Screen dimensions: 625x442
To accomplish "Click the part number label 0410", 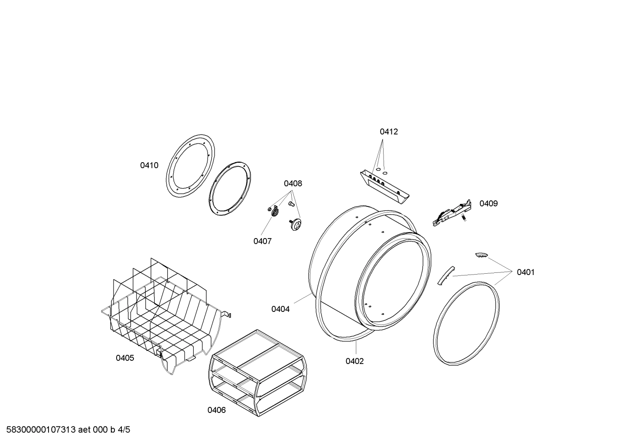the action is (x=149, y=165).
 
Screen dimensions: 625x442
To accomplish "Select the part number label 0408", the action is (x=293, y=183).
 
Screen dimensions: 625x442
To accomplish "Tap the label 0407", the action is (x=263, y=241).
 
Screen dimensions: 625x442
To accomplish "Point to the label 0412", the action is (x=389, y=131).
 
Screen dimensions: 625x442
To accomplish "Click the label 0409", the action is (x=488, y=203).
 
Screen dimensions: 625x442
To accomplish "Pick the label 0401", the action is (x=525, y=272).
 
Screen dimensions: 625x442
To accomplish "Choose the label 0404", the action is (x=280, y=309).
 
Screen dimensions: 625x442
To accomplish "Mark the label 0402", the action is (x=355, y=361).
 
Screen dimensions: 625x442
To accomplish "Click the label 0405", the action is (x=125, y=358).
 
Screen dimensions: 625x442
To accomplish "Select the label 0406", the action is (x=217, y=410).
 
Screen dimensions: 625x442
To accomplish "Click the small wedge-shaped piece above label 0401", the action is (x=481, y=255).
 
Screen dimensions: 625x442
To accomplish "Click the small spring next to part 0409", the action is (x=464, y=217).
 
